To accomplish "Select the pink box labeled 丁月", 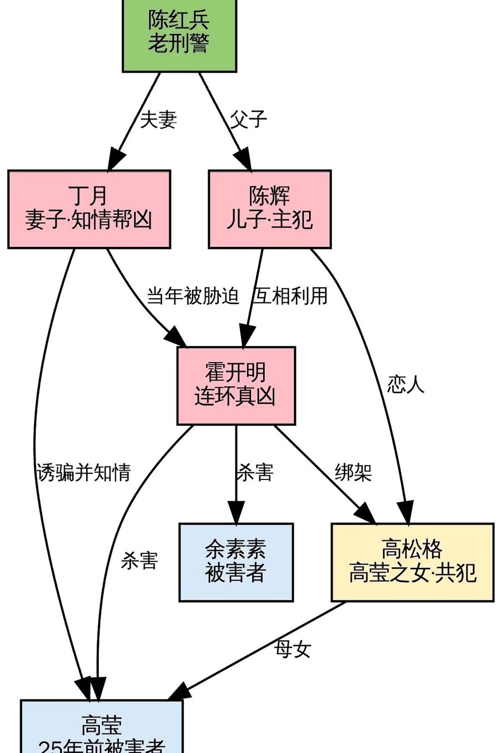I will [89, 209].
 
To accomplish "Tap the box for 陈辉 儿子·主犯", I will [269, 209].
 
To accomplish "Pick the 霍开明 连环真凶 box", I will [236, 385].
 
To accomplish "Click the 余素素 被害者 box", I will [236, 562].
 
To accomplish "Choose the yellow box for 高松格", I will [412, 562].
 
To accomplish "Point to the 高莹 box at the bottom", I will [102, 728].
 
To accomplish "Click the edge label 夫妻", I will [158, 120].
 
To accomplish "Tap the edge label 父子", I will [248, 120].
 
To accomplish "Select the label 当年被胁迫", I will [193, 296].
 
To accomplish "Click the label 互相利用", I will [290, 296].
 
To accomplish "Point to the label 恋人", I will [405, 384].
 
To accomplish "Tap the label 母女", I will [292, 649].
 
